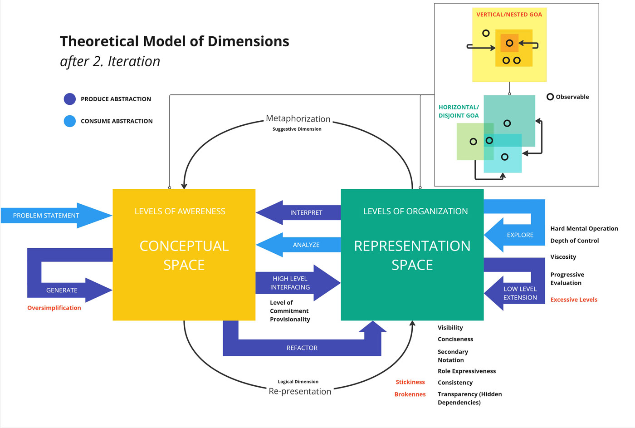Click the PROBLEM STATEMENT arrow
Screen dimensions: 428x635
[46, 216]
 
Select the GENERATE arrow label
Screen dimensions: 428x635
[62, 290]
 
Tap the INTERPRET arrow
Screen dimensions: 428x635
[306, 212]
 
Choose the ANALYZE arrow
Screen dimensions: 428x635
[306, 245]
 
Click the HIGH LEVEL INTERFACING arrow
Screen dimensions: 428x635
[290, 283]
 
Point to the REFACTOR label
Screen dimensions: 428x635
[302, 348]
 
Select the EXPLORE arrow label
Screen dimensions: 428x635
[520, 235]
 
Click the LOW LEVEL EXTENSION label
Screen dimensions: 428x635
[520, 293]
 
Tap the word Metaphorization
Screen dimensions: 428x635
[298, 119]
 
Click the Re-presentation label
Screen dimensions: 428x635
[300, 392]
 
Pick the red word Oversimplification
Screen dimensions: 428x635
[54, 308]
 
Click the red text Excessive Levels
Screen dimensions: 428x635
[574, 300]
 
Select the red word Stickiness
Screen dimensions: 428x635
[410, 382]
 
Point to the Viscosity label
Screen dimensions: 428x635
[563, 257]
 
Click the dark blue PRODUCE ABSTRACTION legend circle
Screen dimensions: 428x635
[70, 99]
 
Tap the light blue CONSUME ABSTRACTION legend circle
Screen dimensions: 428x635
[70, 121]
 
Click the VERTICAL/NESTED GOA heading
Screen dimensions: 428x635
[509, 15]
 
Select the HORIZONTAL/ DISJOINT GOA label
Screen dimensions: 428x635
[459, 111]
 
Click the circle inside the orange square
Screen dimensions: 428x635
[509, 43]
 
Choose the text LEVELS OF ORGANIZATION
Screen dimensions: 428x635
[415, 212]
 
